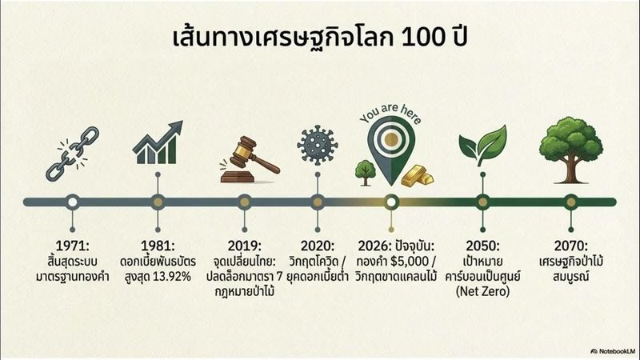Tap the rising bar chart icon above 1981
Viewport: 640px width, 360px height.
click(x=157, y=145)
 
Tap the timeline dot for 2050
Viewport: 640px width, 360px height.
click(x=482, y=202)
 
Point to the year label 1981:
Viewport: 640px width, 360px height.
click(x=157, y=245)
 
